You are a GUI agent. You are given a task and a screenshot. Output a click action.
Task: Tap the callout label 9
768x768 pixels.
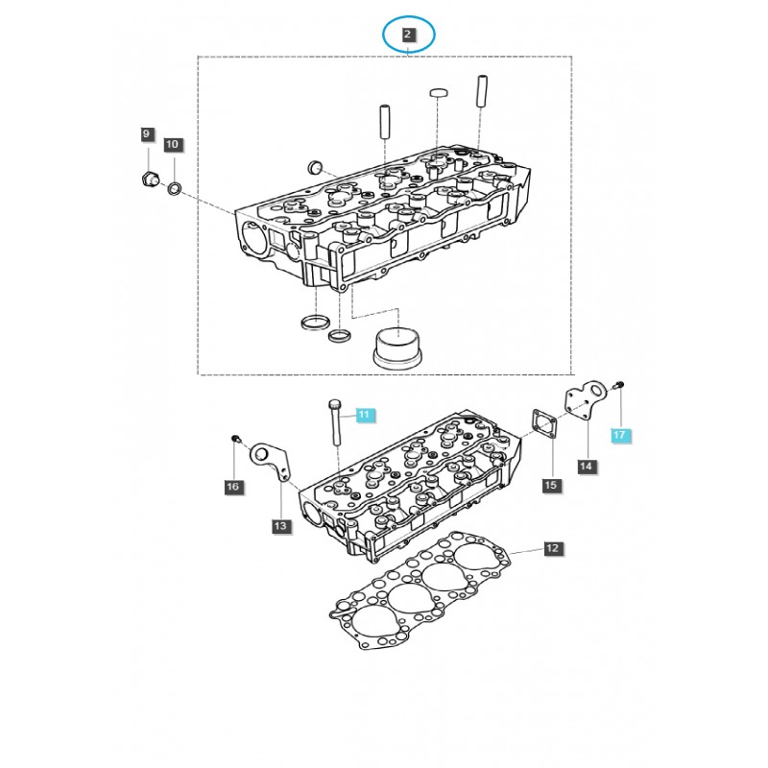pos(146,134)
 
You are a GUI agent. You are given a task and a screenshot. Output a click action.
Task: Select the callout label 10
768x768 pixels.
pos(172,145)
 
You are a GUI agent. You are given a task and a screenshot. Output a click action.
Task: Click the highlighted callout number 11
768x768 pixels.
pos(364,415)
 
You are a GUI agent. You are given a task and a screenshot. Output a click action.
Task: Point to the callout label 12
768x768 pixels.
pos(552,548)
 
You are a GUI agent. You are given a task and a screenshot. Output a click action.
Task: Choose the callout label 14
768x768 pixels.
pos(586,467)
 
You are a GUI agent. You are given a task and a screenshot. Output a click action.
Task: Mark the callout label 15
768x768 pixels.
pos(551,486)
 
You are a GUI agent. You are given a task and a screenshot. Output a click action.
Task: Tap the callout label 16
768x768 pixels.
pos(232,488)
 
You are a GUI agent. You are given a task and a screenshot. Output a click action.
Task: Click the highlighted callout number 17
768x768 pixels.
pos(619,436)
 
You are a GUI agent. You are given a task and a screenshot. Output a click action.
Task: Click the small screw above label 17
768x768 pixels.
pos(618,386)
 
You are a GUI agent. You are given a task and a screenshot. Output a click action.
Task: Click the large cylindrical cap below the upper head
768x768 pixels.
pos(396,347)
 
